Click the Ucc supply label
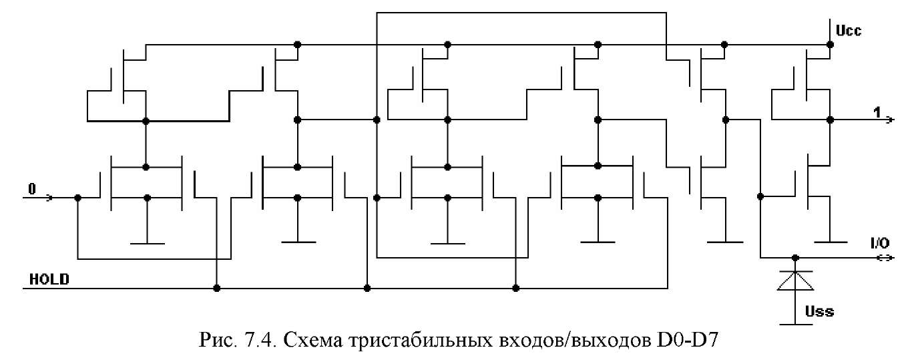point(849,31)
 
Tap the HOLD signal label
point(49,279)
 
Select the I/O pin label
point(880,243)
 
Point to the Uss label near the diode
point(819,312)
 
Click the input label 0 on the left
point(32,189)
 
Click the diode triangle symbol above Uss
point(795,281)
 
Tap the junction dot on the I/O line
point(795,258)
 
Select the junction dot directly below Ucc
point(830,45)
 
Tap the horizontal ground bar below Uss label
point(796,325)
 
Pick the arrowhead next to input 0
point(49,198)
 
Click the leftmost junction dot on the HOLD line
point(217,288)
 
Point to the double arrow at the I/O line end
point(885,258)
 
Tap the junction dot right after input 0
point(78,198)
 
